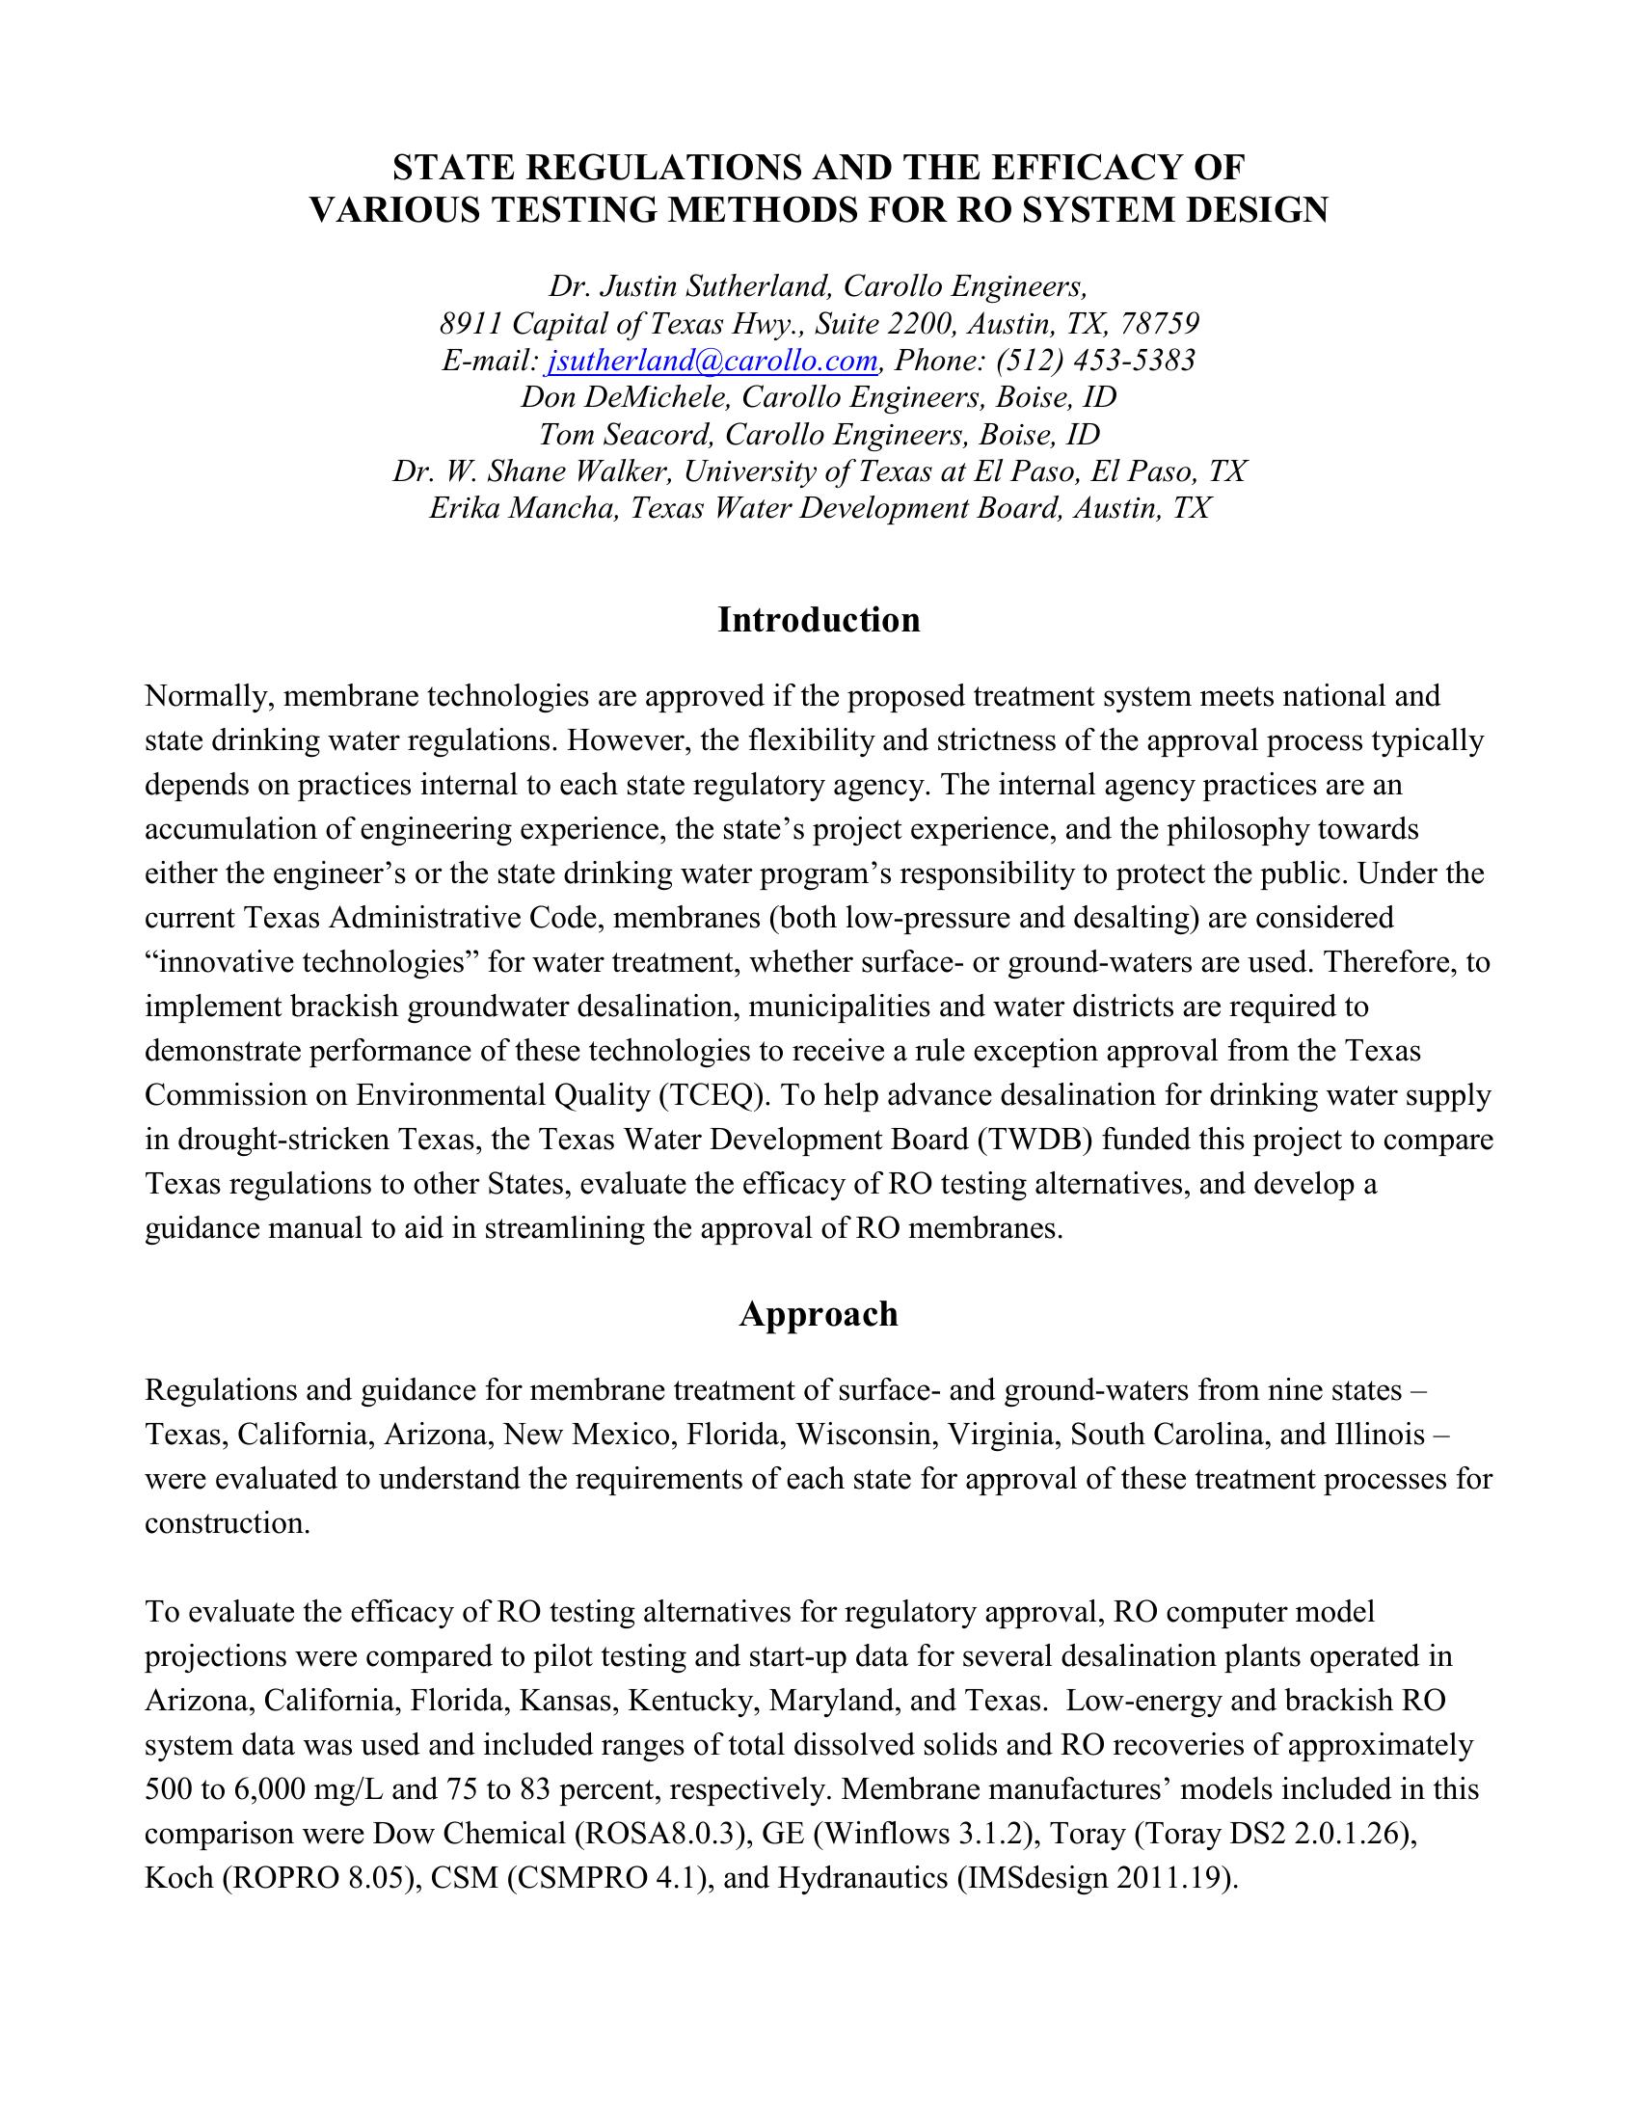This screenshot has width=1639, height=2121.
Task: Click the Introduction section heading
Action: pyautogui.click(x=819, y=620)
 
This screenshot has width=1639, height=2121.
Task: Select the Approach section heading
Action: pyautogui.click(x=819, y=1314)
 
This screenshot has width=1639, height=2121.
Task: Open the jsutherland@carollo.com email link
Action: pyautogui.click(x=712, y=361)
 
